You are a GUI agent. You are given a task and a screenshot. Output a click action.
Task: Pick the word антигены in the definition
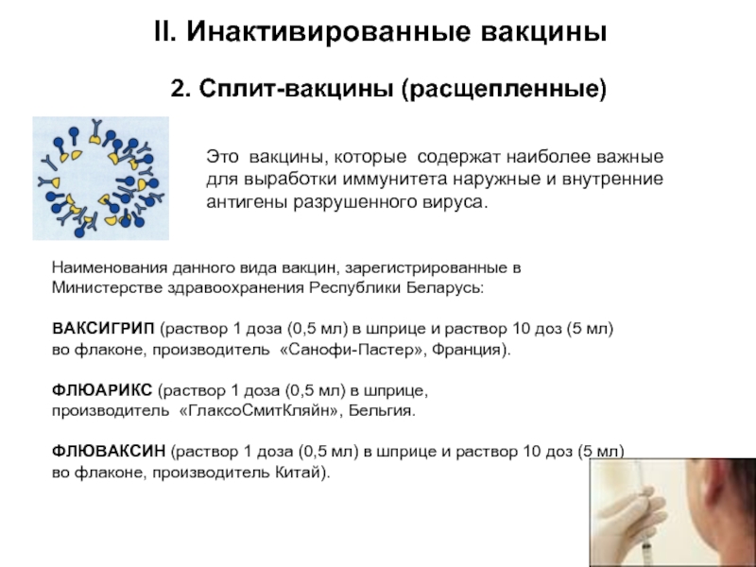pyautogui.click(x=243, y=201)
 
